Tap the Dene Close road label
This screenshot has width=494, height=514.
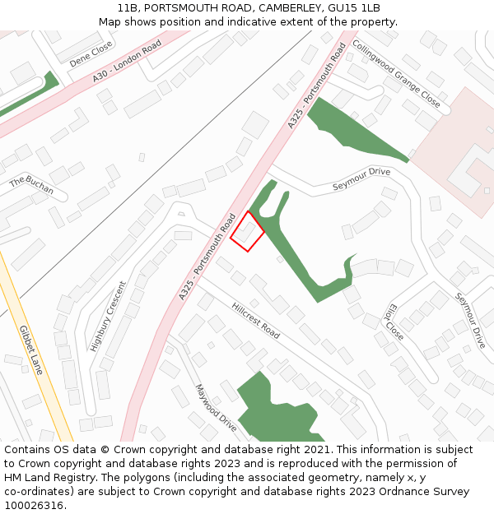pos(91,56)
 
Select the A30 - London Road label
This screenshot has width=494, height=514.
pos(128,63)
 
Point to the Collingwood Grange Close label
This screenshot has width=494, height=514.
pos(396,73)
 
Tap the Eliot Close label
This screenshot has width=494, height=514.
pos(393,324)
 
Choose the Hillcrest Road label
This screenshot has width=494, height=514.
pos(255,320)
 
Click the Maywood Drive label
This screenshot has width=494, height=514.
pos(216,407)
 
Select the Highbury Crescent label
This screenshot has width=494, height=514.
pos(108,317)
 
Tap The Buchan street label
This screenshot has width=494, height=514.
pos(31,186)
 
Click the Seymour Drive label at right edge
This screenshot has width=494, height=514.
pos(471,320)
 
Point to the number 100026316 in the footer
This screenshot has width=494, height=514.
pos(33,506)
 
